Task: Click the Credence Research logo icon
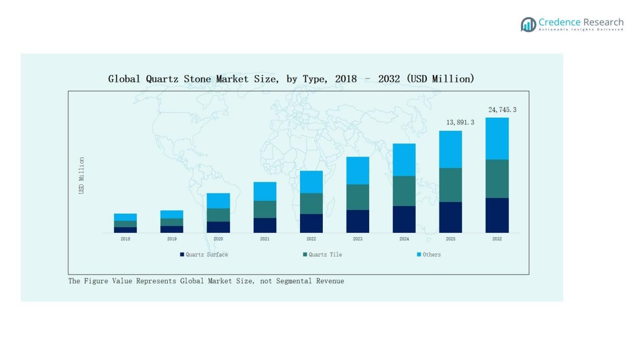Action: [x=528, y=24]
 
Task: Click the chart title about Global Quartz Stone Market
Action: [x=291, y=79]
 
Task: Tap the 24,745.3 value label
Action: [x=502, y=110]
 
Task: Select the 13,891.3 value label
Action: [x=460, y=122]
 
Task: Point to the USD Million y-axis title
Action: [x=81, y=175]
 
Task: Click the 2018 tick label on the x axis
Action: [x=125, y=239]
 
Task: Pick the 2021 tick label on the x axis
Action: [x=265, y=239]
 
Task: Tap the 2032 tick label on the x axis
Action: [x=497, y=239]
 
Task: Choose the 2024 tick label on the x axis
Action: [x=404, y=239]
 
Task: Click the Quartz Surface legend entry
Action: [x=204, y=254]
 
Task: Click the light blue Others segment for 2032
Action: [x=497, y=138]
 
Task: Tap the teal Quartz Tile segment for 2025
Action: [x=451, y=185]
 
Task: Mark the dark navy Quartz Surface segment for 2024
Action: [x=404, y=219]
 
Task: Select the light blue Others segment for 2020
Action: [x=218, y=200]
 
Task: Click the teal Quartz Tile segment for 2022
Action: [x=311, y=203]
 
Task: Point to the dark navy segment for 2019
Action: [x=172, y=229]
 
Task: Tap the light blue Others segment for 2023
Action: [x=358, y=170]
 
